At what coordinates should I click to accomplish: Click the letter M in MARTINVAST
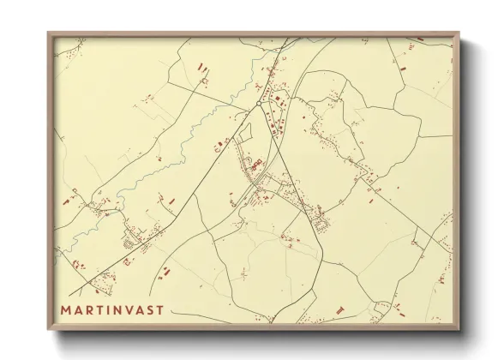[x=65, y=309]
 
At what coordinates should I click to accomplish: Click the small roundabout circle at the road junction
[x=259, y=105]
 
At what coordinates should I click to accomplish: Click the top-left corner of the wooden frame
[x=48, y=33]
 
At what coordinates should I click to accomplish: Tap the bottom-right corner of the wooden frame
[x=459, y=331]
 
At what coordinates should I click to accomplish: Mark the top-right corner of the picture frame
[x=459, y=33]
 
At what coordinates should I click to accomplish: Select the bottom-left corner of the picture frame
[x=48, y=331]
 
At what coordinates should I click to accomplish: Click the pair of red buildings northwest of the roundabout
[x=202, y=67]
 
